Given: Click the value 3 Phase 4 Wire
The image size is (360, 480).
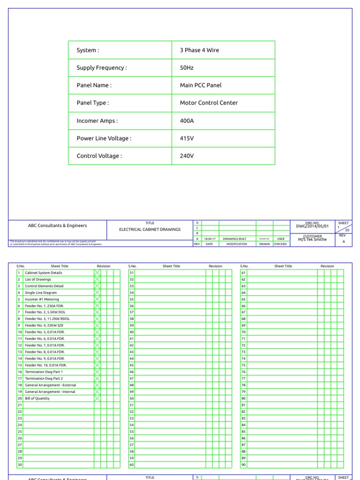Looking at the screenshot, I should tap(199, 50).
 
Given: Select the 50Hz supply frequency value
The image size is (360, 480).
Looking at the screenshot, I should tap(187, 68).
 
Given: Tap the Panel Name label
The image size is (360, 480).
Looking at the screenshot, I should tap(94, 85).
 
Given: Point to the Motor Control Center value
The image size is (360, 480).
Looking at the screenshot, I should tap(209, 103).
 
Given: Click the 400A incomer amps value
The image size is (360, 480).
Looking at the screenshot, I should tap(187, 120).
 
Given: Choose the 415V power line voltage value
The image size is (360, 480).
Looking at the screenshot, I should tap(187, 138).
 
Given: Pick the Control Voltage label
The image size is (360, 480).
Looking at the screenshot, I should tap(99, 156).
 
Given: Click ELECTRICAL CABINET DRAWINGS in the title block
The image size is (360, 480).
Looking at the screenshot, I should tap(150, 229).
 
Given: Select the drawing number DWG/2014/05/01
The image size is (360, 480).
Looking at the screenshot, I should tap(312, 226).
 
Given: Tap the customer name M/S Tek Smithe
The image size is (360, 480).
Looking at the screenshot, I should tap(312, 239).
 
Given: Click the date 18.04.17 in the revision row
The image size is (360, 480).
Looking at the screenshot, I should tap(209, 239).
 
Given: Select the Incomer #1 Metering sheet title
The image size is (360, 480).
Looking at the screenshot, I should tap(42, 299).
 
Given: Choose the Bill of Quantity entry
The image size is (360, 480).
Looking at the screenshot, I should tap(37, 398).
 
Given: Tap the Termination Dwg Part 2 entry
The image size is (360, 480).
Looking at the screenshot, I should tap(44, 378).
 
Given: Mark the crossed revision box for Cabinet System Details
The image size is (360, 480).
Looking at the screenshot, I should tap(97, 273).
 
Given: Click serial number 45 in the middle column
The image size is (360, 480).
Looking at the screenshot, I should tap(132, 365).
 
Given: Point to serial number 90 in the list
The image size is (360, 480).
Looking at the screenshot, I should tap(243, 465).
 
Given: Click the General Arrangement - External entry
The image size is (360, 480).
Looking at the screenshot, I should tap(50, 385).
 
